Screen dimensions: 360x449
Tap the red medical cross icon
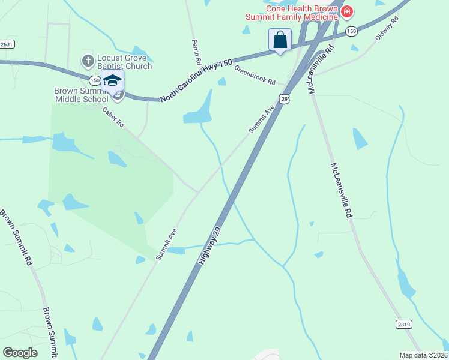(x=346, y=11)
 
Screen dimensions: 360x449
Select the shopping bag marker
(x=280, y=40)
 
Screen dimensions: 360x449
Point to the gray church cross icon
(x=88, y=61)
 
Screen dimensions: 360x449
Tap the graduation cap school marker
(x=112, y=80)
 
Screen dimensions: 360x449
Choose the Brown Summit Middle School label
(x=81, y=95)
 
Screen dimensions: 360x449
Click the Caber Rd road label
(x=113, y=116)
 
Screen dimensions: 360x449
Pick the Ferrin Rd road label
(x=196, y=52)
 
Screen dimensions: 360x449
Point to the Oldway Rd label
(x=387, y=28)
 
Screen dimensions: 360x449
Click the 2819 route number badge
(x=404, y=324)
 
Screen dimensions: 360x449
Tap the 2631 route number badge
(x=6, y=44)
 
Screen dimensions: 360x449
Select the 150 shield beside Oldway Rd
(x=351, y=30)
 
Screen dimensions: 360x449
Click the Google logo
(x=20, y=353)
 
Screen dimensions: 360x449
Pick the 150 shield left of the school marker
(x=94, y=79)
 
